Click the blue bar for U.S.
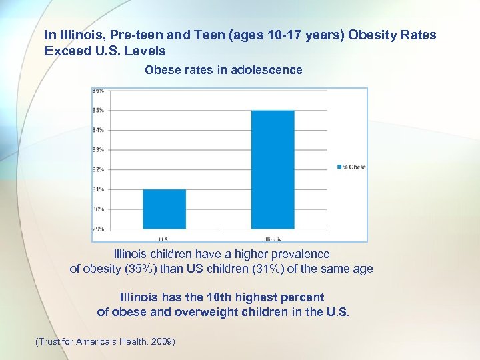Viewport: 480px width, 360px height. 165,209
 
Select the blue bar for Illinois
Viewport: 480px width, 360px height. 273,169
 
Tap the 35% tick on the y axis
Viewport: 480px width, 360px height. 97,110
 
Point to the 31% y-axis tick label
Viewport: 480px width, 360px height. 97,189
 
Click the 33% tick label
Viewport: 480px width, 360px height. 97,149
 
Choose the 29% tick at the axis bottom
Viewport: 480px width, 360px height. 97,229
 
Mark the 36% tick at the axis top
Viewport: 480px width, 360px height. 97,91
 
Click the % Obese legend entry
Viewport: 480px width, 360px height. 351,167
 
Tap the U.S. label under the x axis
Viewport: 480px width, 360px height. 164,239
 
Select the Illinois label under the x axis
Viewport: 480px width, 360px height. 272,239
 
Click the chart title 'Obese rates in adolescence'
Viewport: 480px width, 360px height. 223,70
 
